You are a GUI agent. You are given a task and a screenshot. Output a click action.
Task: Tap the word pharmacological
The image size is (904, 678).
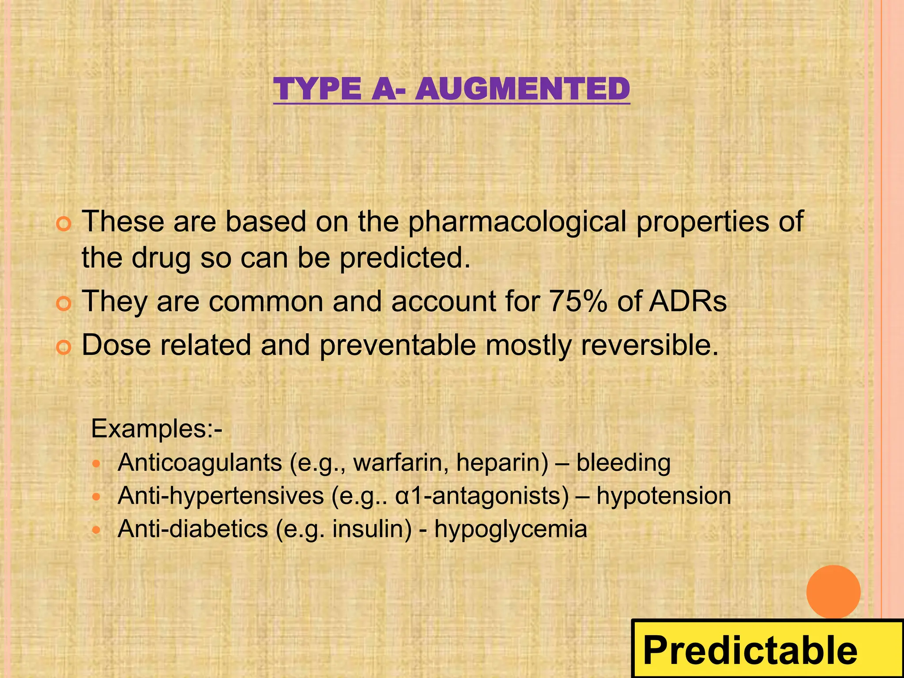point(517,222)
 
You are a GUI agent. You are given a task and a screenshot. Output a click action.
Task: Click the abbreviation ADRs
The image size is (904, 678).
point(687,301)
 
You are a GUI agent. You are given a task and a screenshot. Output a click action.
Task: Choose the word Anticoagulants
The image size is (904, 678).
point(200,463)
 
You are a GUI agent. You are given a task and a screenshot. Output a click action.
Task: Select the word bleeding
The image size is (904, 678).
point(623,463)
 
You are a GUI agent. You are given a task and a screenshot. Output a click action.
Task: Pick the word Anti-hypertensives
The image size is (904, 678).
point(221,496)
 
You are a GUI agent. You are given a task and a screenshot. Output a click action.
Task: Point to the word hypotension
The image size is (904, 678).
point(664,496)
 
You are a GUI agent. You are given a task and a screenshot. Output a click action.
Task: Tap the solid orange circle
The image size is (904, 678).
point(833,592)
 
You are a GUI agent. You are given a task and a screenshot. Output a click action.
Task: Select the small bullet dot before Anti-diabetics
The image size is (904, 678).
point(97,530)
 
